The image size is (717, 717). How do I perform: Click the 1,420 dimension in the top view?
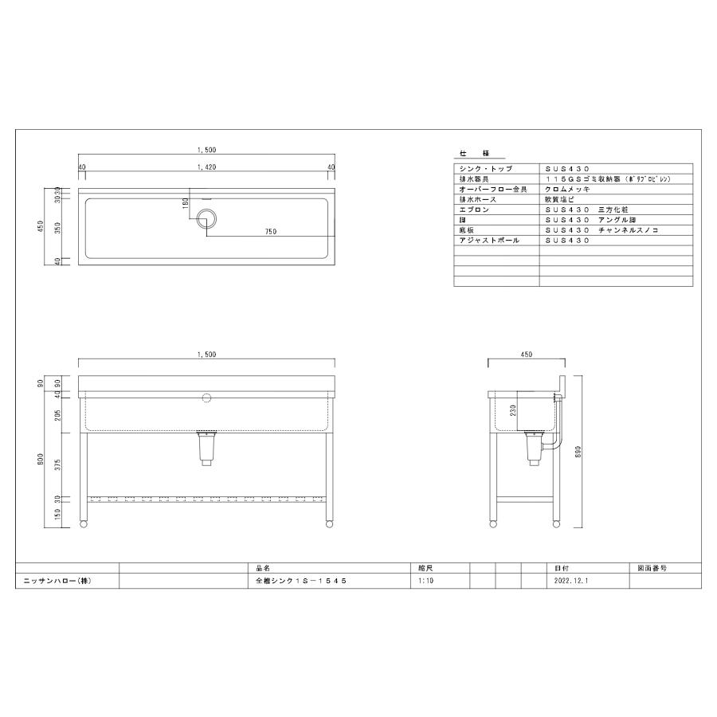pyautogui.click(x=206, y=167)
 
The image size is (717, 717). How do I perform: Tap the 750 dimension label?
pyautogui.click(x=270, y=231)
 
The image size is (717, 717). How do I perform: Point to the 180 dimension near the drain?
pyautogui.click(x=186, y=204)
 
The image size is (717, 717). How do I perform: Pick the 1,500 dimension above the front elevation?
pyautogui.click(x=206, y=353)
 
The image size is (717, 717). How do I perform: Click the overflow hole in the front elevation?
pyautogui.click(x=206, y=396)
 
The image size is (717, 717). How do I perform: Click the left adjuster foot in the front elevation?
pyautogui.click(x=84, y=523)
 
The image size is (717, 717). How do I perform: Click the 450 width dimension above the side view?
pyautogui.click(x=525, y=354)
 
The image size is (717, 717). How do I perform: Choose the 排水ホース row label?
pyautogui.click(x=478, y=199)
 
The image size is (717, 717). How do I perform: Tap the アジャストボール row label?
pyautogui.click(x=489, y=239)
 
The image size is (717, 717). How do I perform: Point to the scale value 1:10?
pyautogui.click(x=425, y=582)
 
